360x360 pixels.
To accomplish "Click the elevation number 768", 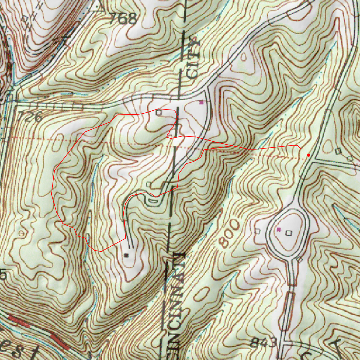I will (x=122, y=19).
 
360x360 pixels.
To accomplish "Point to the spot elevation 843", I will (x=263, y=342).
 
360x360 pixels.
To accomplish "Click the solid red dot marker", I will (x=309, y=155).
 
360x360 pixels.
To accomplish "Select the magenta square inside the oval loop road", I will (x=279, y=229).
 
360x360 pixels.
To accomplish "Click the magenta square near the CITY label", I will (x=201, y=102).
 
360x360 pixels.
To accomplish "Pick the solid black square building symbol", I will (x=126, y=255).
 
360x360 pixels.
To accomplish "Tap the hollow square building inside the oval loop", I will (x=289, y=233).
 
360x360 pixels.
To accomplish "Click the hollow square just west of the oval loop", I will (x=257, y=231).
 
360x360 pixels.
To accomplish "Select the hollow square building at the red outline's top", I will (x=159, y=112).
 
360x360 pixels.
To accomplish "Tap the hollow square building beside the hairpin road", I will (x=149, y=184).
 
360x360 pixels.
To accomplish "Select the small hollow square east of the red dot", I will (x=338, y=151).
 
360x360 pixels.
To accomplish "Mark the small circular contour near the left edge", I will (x=22, y=233).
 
